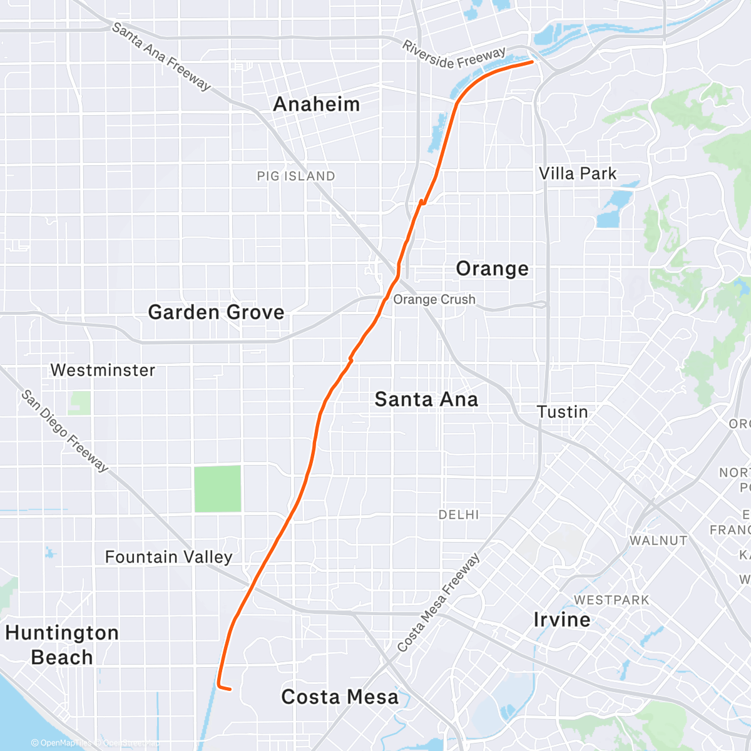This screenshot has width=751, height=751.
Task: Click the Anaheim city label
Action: (317, 104)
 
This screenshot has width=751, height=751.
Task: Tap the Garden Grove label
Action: (216, 312)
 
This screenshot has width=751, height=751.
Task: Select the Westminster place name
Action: (103, 370)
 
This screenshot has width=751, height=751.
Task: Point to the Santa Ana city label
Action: (426, 399)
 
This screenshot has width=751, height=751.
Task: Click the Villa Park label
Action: (578, 173)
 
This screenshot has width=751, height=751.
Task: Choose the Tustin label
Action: (563, 412)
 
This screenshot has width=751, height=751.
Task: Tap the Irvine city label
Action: (561, 620)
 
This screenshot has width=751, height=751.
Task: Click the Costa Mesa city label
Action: (339, 697)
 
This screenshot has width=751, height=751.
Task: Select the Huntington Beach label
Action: (61, 645)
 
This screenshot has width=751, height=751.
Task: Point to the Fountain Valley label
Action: (168, 556)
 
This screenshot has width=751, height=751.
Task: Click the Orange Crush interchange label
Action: (434, 299)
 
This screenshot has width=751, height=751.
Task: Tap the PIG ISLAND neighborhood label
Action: (296, 176)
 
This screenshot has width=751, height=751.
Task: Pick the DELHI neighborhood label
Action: (459, 514)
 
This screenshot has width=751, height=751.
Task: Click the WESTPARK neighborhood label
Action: (611, 600)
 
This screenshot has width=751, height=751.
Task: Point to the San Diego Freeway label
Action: (65, 431)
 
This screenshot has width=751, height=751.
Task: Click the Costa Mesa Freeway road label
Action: (438, 602)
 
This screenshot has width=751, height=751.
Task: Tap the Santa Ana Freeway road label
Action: (161, 56)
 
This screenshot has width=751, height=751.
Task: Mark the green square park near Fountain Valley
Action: (217, 489)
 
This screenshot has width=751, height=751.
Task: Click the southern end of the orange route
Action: (230, 689)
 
